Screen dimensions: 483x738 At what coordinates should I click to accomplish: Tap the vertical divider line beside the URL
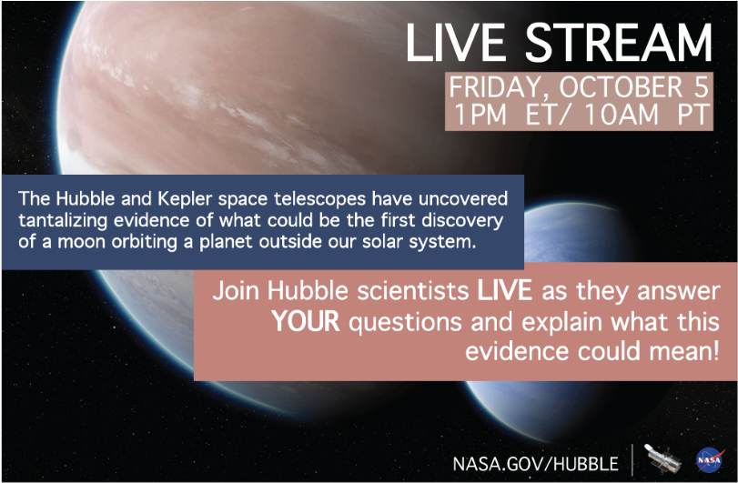tap(632, 459)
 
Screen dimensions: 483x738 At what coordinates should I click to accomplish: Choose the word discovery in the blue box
tap(460, 222)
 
